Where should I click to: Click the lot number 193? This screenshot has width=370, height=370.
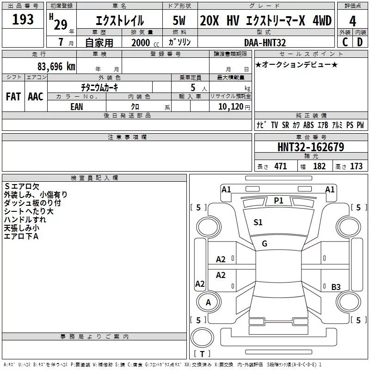[x=23, y=20]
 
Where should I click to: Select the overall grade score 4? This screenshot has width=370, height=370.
[x=353, y=21]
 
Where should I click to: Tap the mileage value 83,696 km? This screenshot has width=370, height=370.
[x=56, y=66]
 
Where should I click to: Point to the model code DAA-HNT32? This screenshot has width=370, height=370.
[x=265, y=43]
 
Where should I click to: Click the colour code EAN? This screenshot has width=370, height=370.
[x=77, y=106]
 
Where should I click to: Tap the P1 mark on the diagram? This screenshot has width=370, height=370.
[x=278, y=200]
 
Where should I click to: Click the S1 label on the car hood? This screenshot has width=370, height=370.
[x=258, y=222]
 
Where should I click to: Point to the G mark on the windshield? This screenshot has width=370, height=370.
[x=265, y=244]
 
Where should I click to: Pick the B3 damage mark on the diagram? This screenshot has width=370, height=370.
[x=336, y=287]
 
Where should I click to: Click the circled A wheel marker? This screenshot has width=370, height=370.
[x=209, y=302]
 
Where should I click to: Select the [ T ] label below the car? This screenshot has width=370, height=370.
[x=202, y=354]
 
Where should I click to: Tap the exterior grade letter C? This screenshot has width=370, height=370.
[x=345, y=42]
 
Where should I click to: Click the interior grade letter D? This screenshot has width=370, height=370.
[x=360, y=42]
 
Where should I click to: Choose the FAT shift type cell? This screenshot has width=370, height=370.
[x=13, y=96]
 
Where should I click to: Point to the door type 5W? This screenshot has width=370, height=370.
[x=179, y=21]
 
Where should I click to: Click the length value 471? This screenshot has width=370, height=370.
[x=280, y=166]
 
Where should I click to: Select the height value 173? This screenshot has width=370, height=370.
[x=356, y=166]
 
